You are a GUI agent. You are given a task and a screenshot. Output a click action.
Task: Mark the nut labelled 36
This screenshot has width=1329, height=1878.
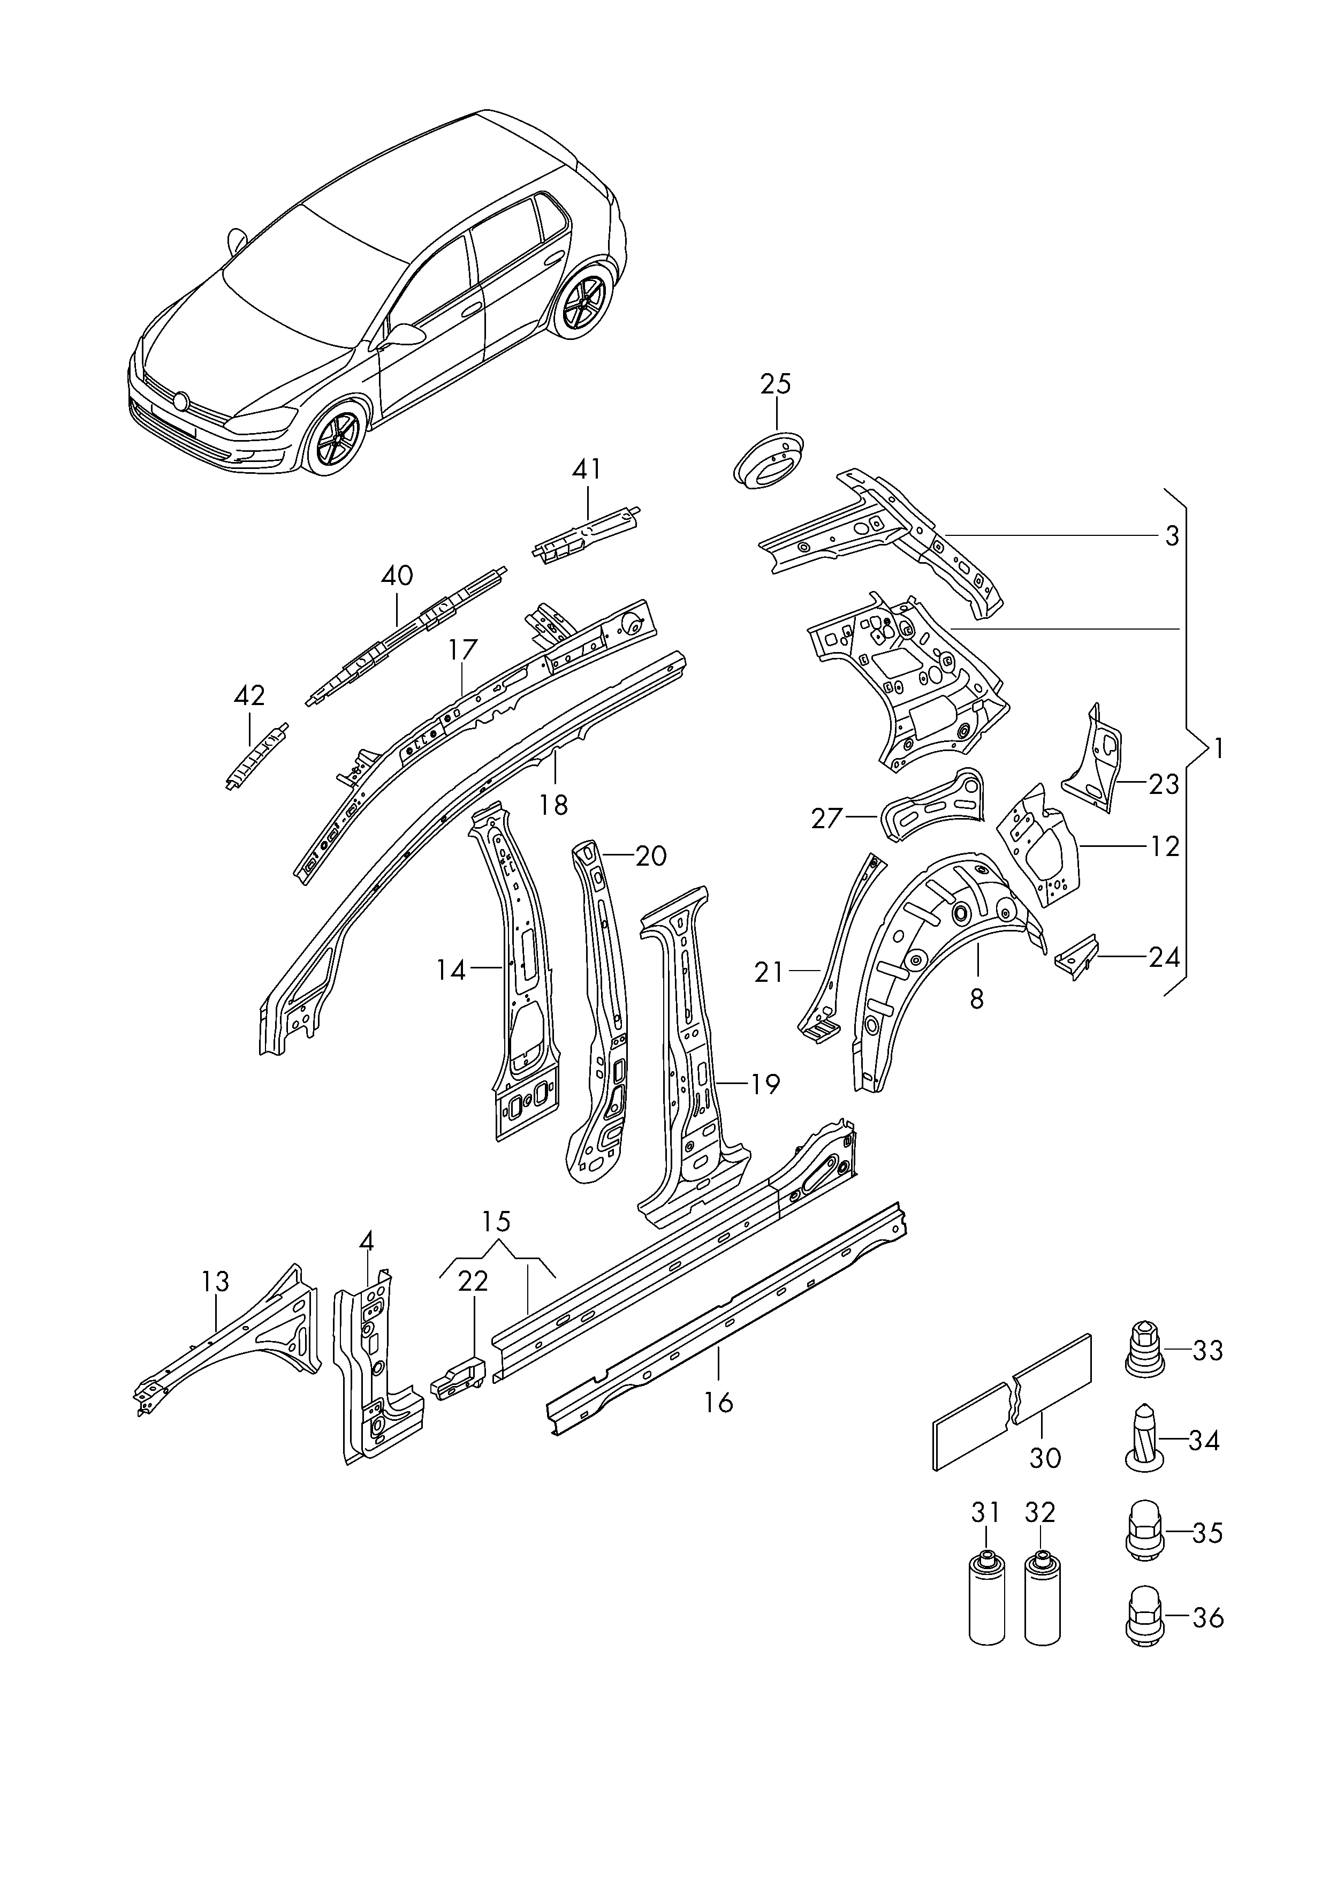(1142, 1618)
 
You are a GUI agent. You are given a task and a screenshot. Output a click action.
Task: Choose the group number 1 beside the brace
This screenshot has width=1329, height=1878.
(1219, 748)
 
